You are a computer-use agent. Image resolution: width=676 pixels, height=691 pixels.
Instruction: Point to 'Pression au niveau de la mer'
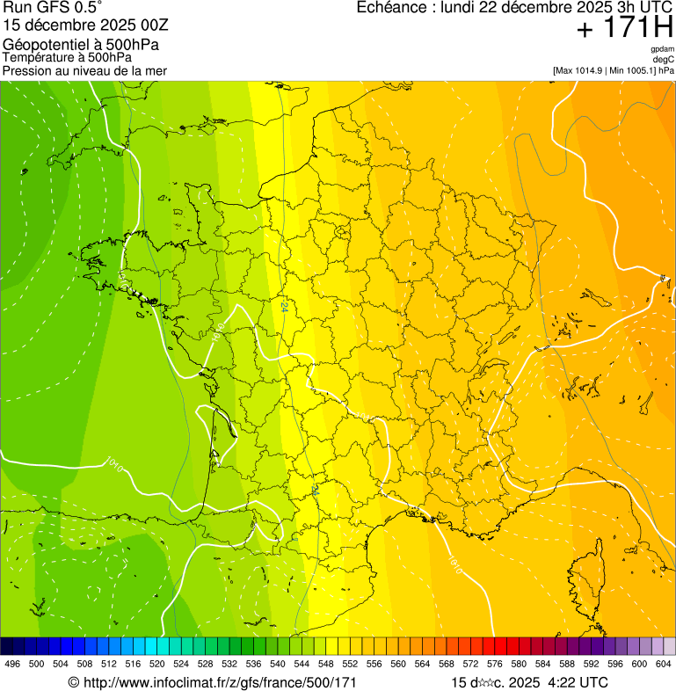point(84,70)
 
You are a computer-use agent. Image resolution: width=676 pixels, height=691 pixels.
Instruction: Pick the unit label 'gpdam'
point(662,49)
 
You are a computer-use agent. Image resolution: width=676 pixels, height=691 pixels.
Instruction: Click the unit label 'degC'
point(664,59)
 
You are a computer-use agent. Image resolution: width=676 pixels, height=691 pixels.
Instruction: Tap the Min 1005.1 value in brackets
point(632,69)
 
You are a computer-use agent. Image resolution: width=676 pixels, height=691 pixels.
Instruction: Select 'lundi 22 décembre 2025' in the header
point(526,7)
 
